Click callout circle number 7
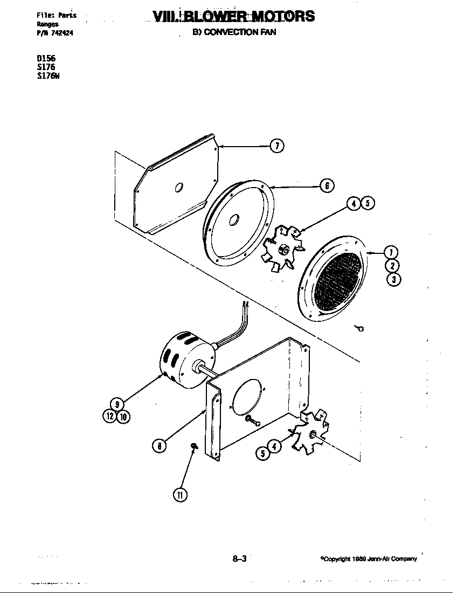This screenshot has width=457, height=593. [x=276, y=146]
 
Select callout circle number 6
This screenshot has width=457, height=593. [x=327, y=186]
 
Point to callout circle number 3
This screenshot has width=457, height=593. [x=394, y=279]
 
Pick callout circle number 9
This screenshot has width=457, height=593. [x=117, y=404]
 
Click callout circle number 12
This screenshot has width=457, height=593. [x=110, y=416]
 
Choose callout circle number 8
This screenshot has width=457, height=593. [x=159, y=445]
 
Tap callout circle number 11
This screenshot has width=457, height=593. [x=179, y=495]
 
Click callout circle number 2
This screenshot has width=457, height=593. [x=393, y=266]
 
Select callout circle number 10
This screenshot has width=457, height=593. [x=123, y=416]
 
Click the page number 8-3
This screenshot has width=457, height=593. [x=239, y=559]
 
